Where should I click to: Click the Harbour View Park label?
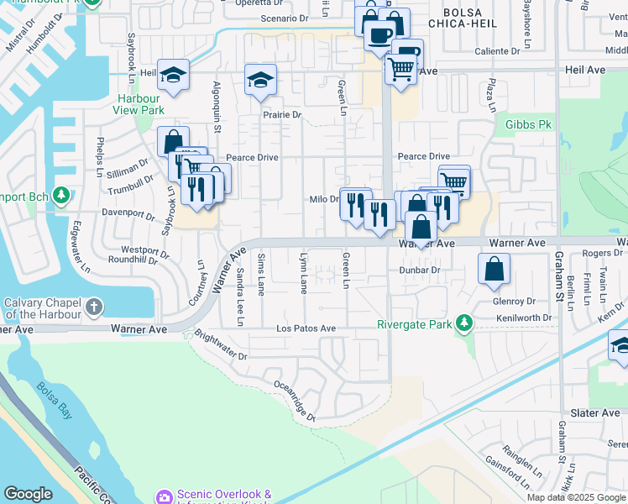point(140,104)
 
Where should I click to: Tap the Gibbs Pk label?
point(528,124)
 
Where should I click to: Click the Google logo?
point(28,494)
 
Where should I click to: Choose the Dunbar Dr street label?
point(420,270)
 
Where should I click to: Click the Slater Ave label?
point(594,413)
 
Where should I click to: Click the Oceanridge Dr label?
point(294,401)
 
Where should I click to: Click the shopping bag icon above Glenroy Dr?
point(494,269)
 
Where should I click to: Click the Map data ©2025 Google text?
point(577,497)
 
